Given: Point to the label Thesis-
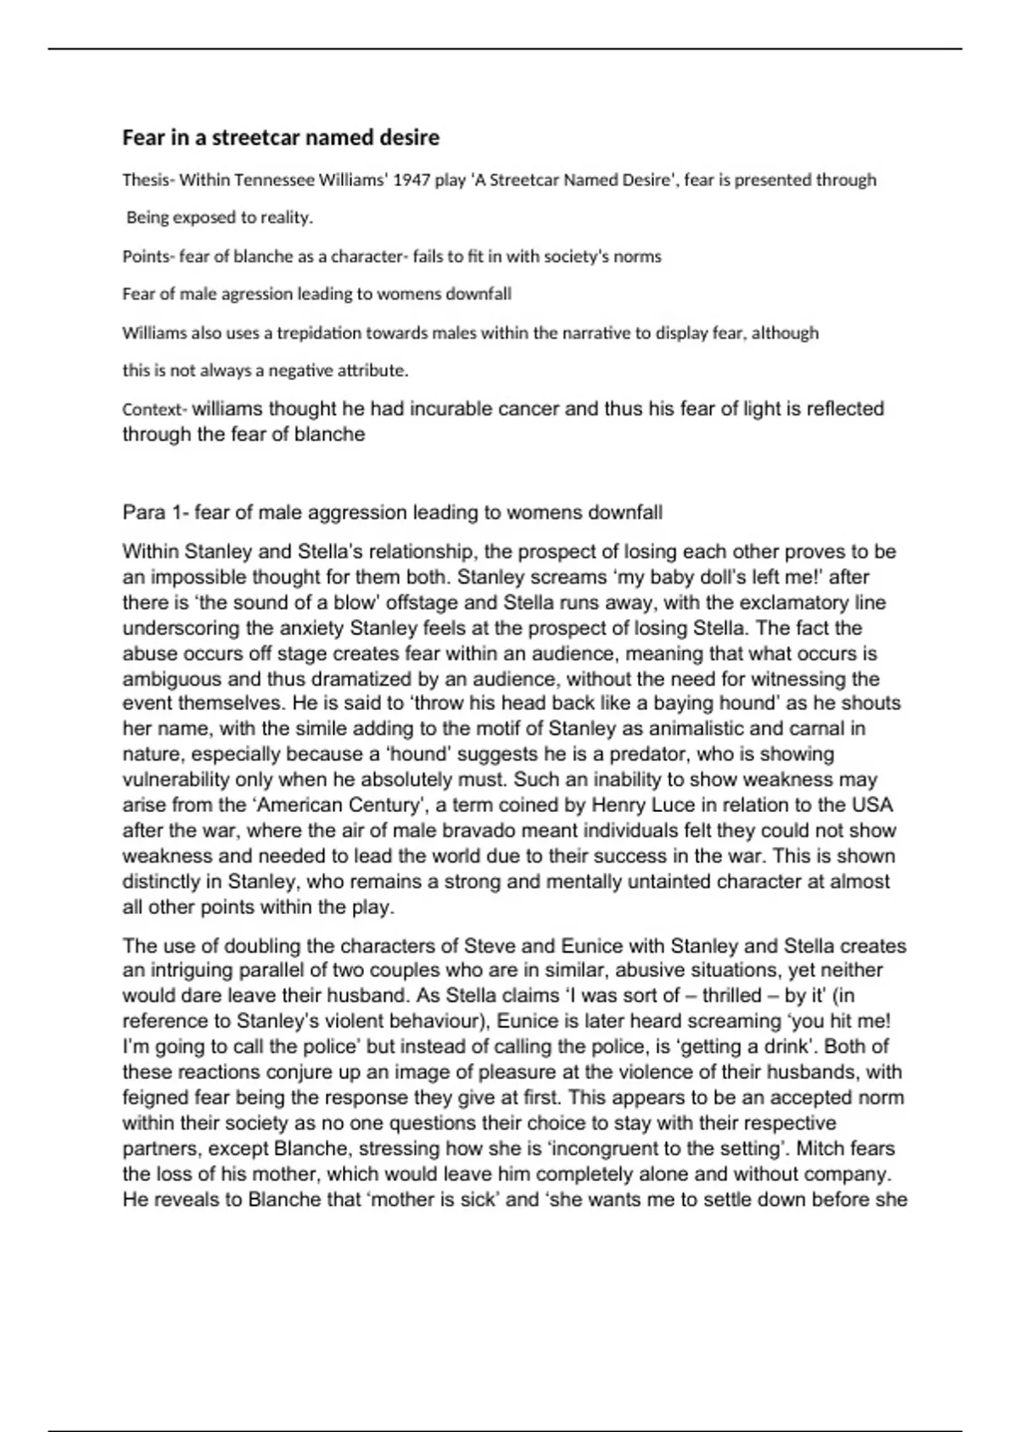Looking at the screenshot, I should tap(147, 179).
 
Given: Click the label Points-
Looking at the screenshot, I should tap(147, 256).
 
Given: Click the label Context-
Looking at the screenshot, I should tap(154, 409).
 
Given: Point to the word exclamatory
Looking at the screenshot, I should tap(787, 603).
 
